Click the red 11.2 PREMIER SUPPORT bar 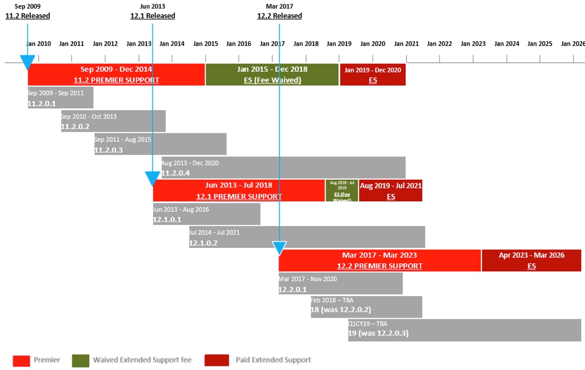116,75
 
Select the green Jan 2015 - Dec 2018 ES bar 272,75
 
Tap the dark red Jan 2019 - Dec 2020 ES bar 373,75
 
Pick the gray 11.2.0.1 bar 60,98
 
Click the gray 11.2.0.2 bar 113,121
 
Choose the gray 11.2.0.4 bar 283,168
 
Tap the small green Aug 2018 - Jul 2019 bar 342,191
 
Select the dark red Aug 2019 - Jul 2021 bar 391,191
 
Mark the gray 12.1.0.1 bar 207,214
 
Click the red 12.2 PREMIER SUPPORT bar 379,261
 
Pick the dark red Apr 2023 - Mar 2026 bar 531,261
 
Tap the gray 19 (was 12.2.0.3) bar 465,330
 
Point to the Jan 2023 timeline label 472,43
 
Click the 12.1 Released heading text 153,16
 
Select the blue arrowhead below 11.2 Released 27,63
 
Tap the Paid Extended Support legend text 273,360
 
